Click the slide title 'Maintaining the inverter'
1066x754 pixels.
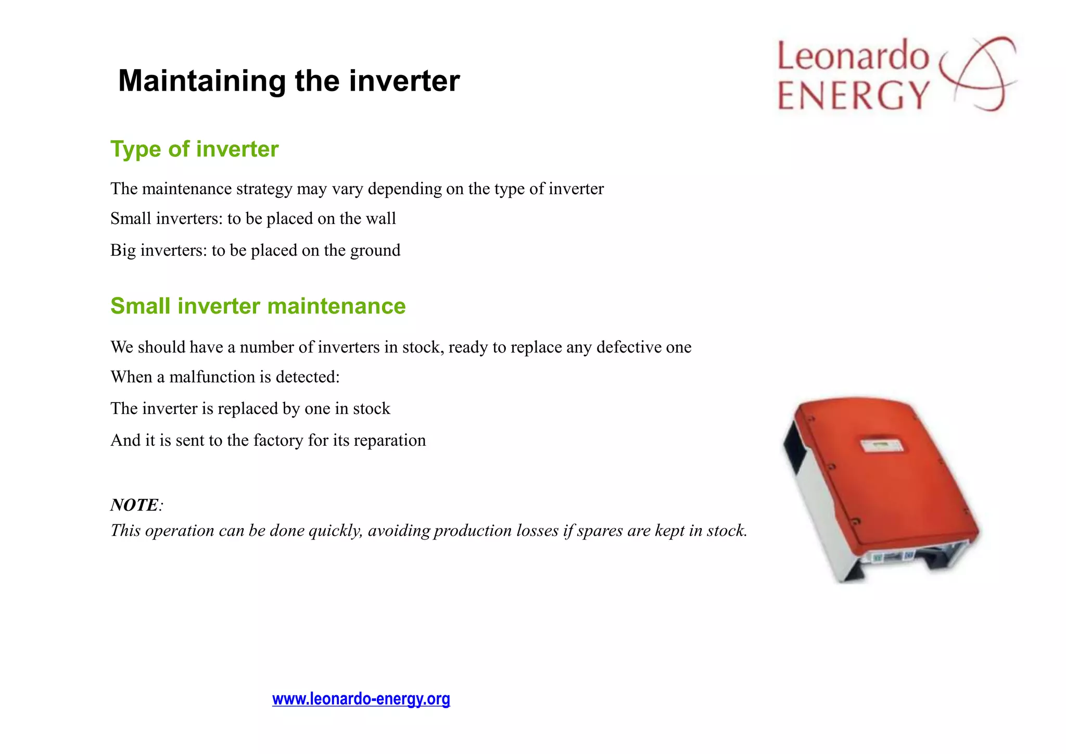pos(289,81)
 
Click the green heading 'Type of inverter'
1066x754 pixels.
pos(194,149)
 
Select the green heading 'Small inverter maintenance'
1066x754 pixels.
pos(258,306)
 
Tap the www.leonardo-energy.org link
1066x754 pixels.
pos(361,698)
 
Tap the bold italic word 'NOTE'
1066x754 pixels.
pos(134,505)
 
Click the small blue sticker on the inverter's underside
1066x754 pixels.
pos(908,556)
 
